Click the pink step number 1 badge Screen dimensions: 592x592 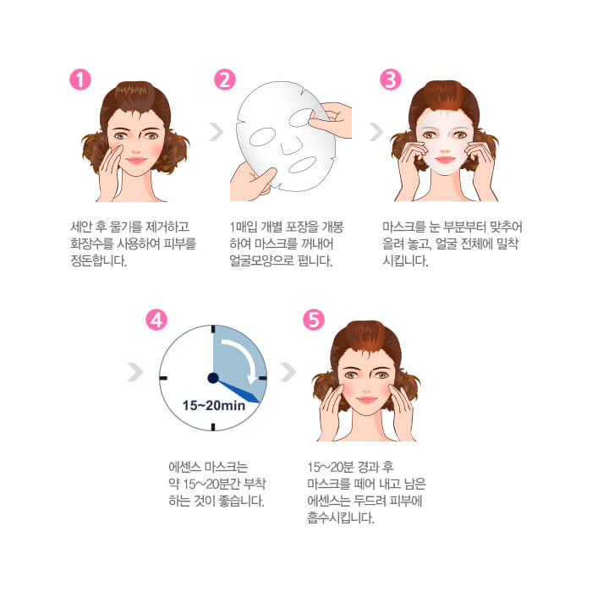80,79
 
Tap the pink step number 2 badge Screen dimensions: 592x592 225,79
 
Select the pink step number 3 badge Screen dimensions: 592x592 390,79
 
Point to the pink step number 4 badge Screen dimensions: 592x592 156,320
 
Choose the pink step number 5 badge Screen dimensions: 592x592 314,320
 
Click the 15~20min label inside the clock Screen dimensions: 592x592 214,405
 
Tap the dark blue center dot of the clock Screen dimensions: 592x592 213,377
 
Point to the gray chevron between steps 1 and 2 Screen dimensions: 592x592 217,132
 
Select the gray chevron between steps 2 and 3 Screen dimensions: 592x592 376,132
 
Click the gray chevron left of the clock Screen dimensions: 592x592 135,372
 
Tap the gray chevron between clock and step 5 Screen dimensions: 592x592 288,372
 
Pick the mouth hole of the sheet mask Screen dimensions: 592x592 303,165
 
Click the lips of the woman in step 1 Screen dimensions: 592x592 136,161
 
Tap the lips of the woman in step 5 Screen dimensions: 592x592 366,399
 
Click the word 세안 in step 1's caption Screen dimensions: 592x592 81,227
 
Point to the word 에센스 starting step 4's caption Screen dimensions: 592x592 184,467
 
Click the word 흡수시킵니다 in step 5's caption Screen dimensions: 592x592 341,518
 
